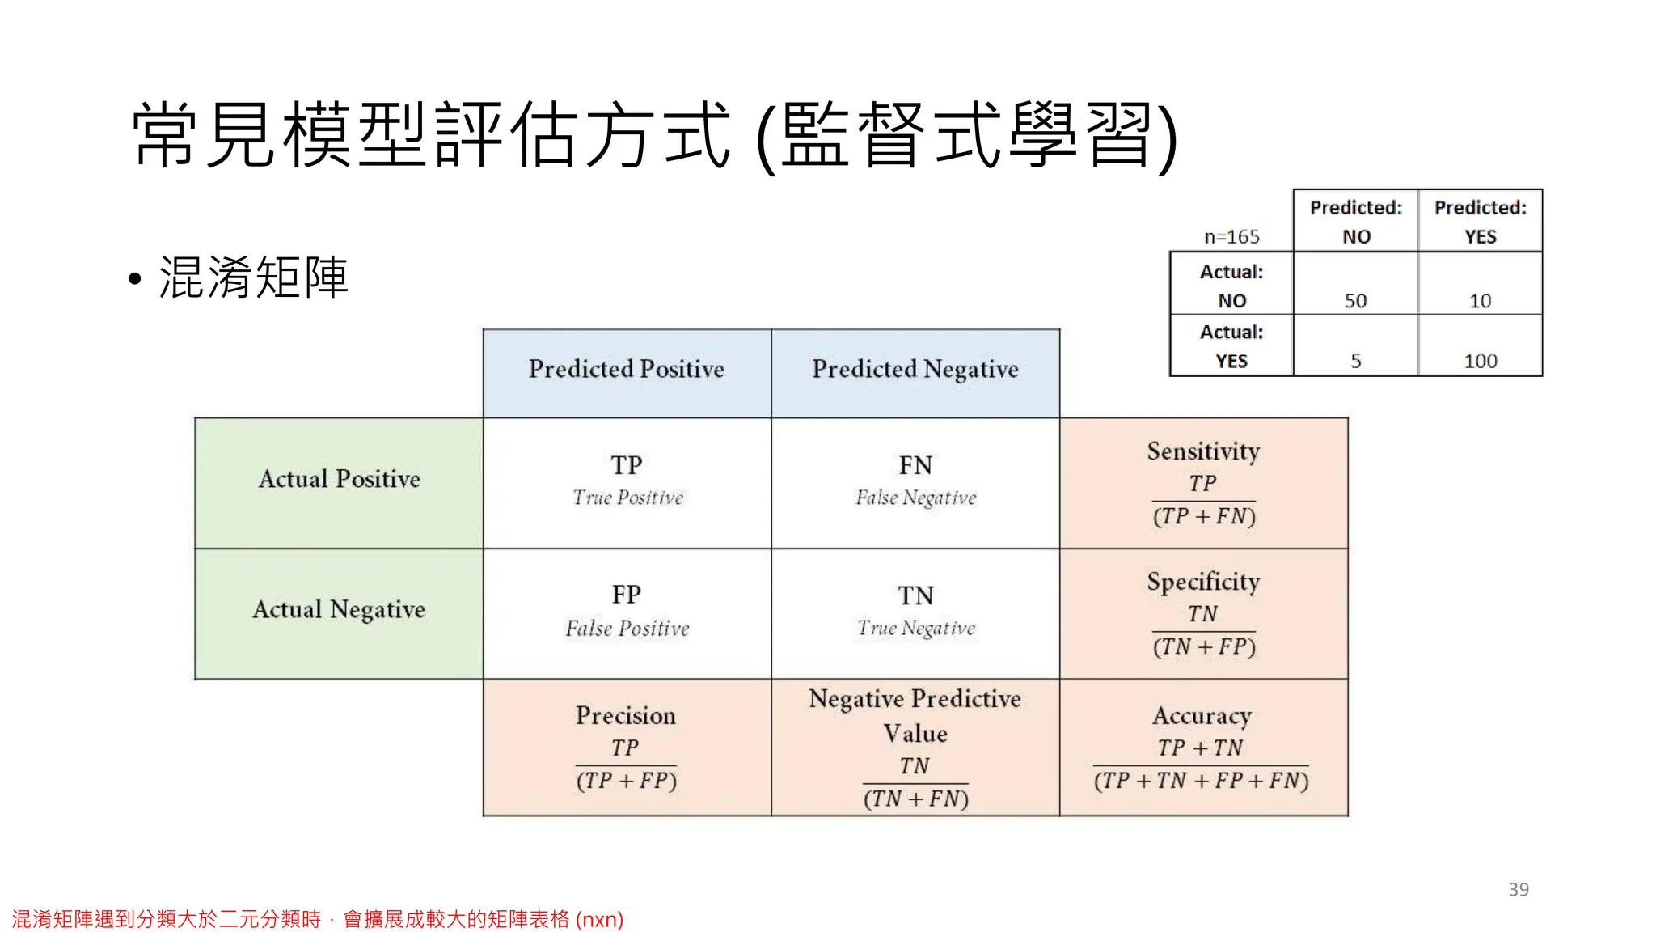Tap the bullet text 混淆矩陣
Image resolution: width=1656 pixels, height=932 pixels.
253,277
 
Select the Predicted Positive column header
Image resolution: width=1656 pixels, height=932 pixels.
627,370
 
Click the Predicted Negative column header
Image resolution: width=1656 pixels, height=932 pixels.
915,370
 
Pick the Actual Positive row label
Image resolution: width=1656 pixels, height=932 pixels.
339,479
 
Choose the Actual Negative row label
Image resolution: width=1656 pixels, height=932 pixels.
339,609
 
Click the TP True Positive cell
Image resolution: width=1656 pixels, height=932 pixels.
627,481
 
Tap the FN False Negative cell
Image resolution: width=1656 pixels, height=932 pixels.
915,481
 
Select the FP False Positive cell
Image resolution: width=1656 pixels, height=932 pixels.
627,611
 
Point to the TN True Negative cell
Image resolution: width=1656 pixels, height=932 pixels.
915,611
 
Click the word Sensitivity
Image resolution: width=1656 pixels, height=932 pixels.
1203,451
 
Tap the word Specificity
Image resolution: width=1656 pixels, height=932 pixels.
1203,582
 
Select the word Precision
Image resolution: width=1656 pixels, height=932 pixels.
626,715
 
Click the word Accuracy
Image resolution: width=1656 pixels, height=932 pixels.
1202,715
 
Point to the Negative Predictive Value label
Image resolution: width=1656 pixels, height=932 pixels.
915,715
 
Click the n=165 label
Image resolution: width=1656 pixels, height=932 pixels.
1231,237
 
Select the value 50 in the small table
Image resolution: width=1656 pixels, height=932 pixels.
1355,301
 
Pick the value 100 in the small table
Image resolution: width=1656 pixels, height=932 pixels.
1480,361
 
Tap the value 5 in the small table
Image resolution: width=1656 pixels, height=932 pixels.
1355,361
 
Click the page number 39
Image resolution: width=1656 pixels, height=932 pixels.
1518,889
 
